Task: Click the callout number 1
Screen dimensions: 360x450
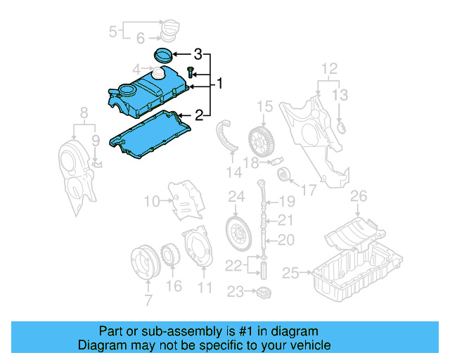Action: click(x=219, y=84)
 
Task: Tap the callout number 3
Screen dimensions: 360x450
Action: click(x=198, y=54)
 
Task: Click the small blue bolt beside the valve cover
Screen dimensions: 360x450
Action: click(x=191, y=70)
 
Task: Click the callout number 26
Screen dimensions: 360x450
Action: click(x=359, y=195)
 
